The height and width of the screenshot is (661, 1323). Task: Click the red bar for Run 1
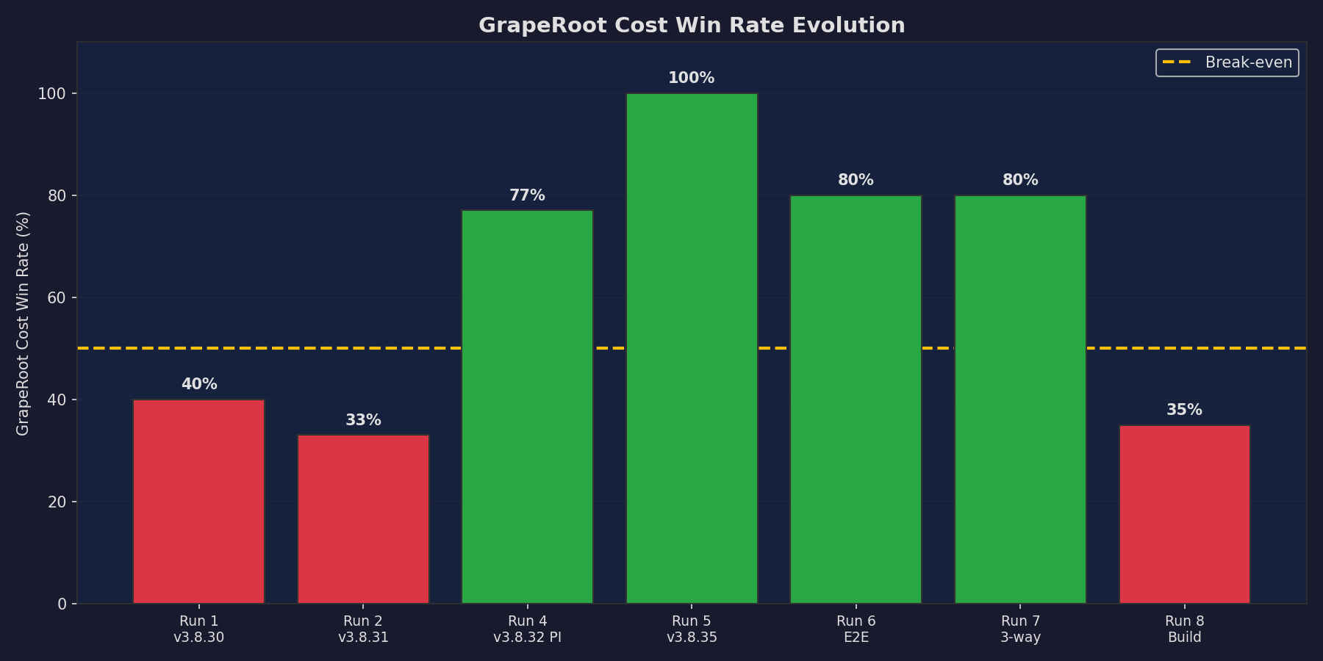point(198,502)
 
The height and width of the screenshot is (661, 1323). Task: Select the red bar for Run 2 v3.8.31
point(363,519)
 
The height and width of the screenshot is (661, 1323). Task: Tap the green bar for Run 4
point(527,407)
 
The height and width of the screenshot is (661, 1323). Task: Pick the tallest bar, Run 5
point(692,348)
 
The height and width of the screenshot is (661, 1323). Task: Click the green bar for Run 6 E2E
point(856,400)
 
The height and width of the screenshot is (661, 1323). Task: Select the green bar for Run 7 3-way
point(1020,400)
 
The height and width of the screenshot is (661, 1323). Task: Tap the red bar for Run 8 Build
point(1184,514)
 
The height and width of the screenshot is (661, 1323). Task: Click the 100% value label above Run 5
point(691,78)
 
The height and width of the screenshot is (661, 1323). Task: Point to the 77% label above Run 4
point(527,195)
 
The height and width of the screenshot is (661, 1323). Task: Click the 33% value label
point(363,420)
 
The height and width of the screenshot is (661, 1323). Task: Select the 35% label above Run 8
point(1184,410)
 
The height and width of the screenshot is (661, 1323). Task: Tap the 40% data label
point(198,384)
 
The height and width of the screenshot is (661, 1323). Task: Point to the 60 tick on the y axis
point(57,297)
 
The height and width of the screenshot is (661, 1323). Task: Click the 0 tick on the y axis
point(62,604)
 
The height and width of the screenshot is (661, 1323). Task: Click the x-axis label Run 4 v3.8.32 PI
point(527,629)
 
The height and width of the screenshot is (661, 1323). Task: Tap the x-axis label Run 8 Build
point(1184,629)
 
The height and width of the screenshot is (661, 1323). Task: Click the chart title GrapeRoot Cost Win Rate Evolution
point(692,25)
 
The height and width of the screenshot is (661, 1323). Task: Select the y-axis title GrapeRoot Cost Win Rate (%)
point(23,323)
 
